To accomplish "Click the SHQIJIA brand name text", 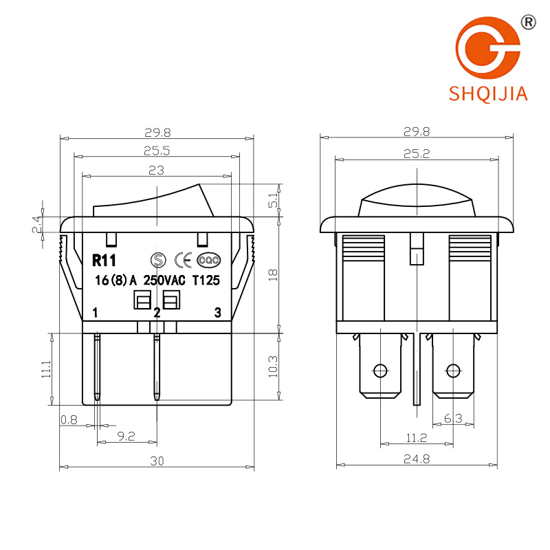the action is pos(488,93).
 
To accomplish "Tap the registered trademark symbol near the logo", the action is pos(528,23).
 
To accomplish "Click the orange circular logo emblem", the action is pos(487,47).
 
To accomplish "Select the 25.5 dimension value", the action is pos(157,151).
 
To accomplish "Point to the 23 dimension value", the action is pos(157,170).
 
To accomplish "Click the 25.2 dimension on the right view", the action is pos(417,153).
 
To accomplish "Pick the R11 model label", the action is pos(104,261).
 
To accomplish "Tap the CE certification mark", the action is pos(183,261).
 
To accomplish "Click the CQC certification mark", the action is pos(208,261).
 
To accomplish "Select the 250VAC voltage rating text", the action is pos(164,280).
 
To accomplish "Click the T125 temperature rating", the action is pos(206,280).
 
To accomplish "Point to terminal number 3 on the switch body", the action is pos(218,313).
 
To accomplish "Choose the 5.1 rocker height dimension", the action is pos(273,200).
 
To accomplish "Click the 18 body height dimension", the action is pos(273,274).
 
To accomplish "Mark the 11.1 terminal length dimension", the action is pos(46,369).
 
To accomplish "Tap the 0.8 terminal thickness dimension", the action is pos(69,419).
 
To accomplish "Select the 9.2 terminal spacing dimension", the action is pos(126,437).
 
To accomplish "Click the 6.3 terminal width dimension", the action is pos(453,418).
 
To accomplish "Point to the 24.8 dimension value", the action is pos(417,459).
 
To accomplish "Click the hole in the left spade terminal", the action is pos(381,371).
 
